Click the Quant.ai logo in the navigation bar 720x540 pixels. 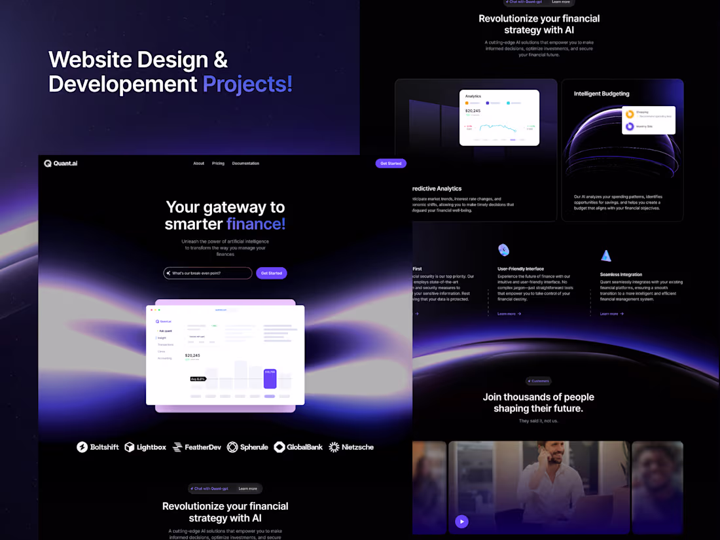[61, 164]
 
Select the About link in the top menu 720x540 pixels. [198, 164]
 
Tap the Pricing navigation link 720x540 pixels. [218, 164]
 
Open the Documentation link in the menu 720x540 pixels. [245, 164]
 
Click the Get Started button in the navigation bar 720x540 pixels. [391, 164]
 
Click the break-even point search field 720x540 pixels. [208, 273]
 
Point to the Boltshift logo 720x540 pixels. [98, 447]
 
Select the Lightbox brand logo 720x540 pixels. [145, 447]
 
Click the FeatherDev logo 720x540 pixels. [197, 447]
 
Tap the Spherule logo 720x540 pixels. [247, 447]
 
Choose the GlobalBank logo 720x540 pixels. [298, 447]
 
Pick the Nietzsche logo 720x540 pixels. [351, 447]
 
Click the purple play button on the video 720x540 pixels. [461, 522]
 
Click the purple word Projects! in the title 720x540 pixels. [247, 84]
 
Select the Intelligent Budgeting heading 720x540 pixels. [602, 94]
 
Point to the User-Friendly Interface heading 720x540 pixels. [520, 269]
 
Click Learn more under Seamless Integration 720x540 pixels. [611, 314]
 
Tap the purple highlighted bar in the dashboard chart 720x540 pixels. [270, 379]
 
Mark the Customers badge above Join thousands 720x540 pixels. [539, 381]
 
